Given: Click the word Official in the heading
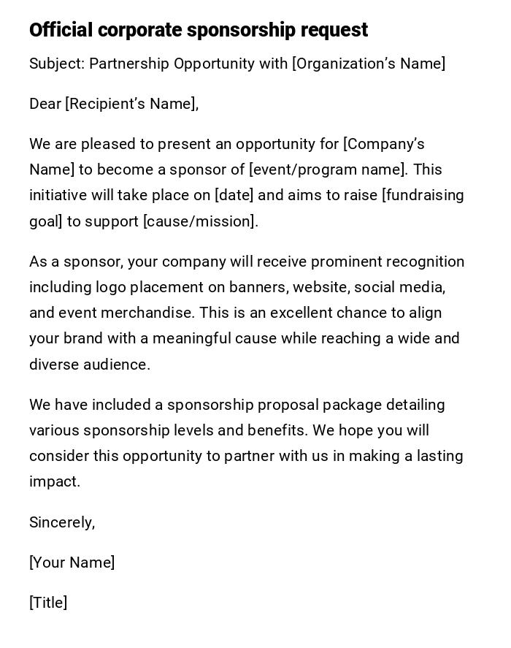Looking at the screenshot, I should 61,30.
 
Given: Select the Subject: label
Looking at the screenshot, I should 57,64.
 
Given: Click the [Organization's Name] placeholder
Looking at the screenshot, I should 369,64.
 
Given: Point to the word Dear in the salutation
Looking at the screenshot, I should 45,104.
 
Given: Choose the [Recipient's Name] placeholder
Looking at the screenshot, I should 131,104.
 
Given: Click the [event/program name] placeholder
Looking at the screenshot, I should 328,169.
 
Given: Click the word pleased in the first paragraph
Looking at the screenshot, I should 107,144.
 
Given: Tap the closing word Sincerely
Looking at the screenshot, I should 61,522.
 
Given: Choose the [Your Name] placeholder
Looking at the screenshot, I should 72,563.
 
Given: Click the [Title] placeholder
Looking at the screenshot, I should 48,603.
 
